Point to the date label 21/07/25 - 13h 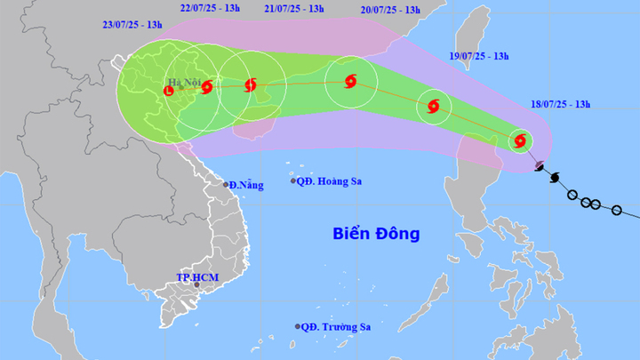(294, 10)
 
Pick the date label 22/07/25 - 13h (208, 10)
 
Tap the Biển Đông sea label (376, 234)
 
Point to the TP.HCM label (196, 278)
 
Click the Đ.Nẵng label (246, 185)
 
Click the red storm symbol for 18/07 (519, 140)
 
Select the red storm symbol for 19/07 (434, 107)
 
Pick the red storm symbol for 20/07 (349, 82)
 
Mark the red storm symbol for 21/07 (250, 85)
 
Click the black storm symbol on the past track (556, 178)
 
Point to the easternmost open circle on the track (617, 211)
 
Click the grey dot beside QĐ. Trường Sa (298, 326)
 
